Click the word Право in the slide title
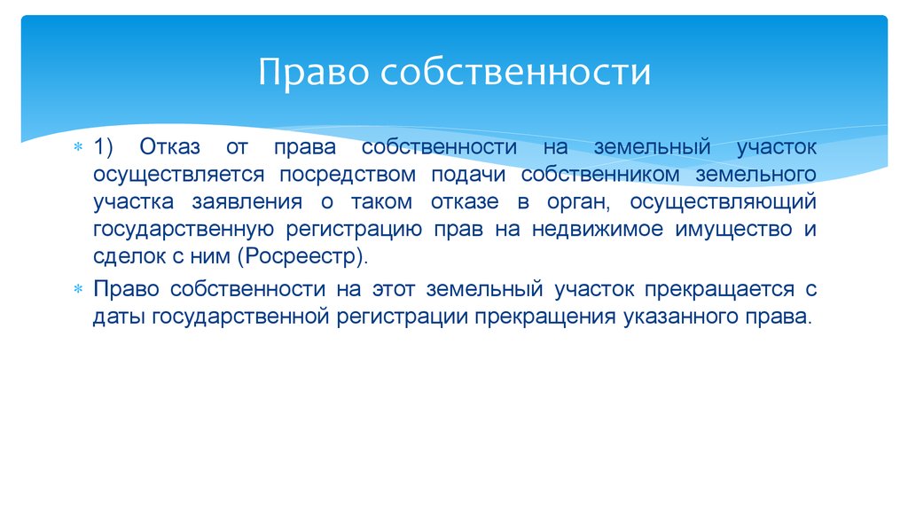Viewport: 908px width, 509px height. pos(313,74)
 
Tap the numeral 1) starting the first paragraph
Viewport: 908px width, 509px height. pos(103,147)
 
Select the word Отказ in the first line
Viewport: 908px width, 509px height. pos(169,147)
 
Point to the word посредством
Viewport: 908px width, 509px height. pos(348,175)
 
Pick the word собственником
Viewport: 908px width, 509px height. pos(600,175)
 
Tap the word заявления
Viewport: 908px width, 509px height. pos(247,202)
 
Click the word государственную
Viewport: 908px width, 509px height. pos(184,230)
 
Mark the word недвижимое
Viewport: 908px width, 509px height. pos(597,230)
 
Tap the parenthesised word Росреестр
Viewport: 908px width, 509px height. pos(302,256)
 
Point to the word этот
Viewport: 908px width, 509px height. pos(393,289)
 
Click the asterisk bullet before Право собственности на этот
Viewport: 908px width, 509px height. pos(78,289)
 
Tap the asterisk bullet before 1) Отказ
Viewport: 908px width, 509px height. pos(78,147)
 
